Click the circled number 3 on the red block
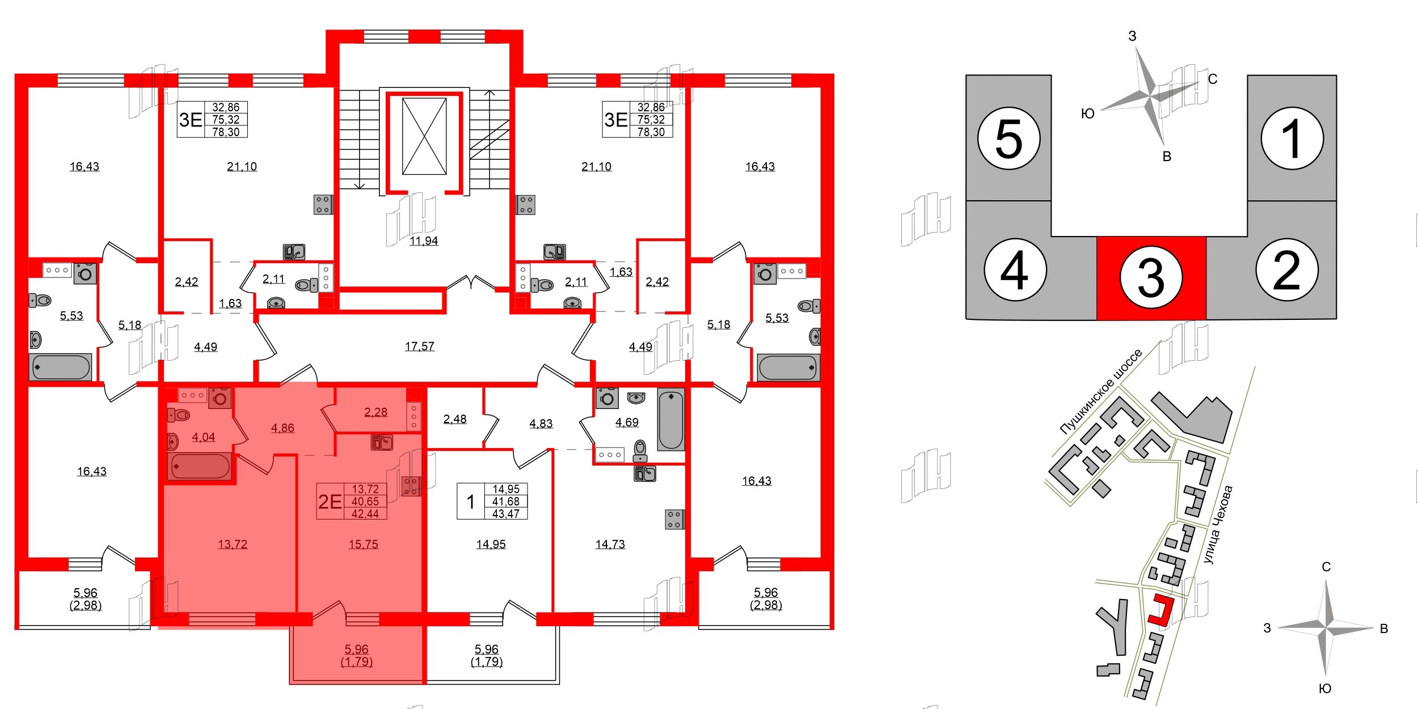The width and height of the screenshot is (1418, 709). [1151, 278]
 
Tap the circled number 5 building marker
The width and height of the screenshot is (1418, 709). [1008, 138]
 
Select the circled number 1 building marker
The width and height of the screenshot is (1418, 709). [1292, 138]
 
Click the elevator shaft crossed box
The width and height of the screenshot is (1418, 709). [424, 136]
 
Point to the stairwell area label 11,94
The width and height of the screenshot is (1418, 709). [424, 241]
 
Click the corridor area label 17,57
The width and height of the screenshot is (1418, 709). [419, 346]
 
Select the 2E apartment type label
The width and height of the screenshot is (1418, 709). [330, 501]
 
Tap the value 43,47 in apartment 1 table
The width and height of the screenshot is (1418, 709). [506, 514]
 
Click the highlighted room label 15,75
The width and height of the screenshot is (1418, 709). [363, 545]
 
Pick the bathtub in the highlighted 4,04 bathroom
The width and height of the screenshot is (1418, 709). [200, 466]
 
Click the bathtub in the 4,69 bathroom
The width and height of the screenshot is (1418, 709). [671, 419]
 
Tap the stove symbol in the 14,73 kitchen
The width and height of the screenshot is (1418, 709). [674, 520]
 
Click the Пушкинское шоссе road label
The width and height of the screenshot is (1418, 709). [1100, 391]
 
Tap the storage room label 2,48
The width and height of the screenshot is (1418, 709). [455, 419]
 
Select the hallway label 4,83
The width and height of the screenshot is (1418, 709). [541, 424]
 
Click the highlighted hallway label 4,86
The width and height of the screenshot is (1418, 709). [282, 428]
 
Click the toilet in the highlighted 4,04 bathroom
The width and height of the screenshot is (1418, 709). [179, 415]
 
